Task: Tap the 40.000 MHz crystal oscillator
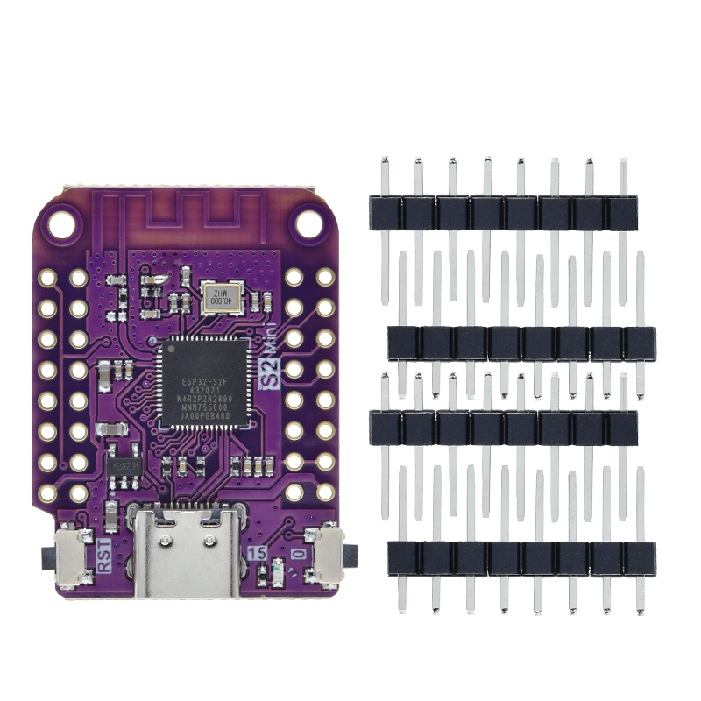tap(216, 297)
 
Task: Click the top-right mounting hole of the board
tap(308, 224)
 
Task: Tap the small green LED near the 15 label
tap(278, 574)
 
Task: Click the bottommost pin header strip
tap(521, 558)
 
